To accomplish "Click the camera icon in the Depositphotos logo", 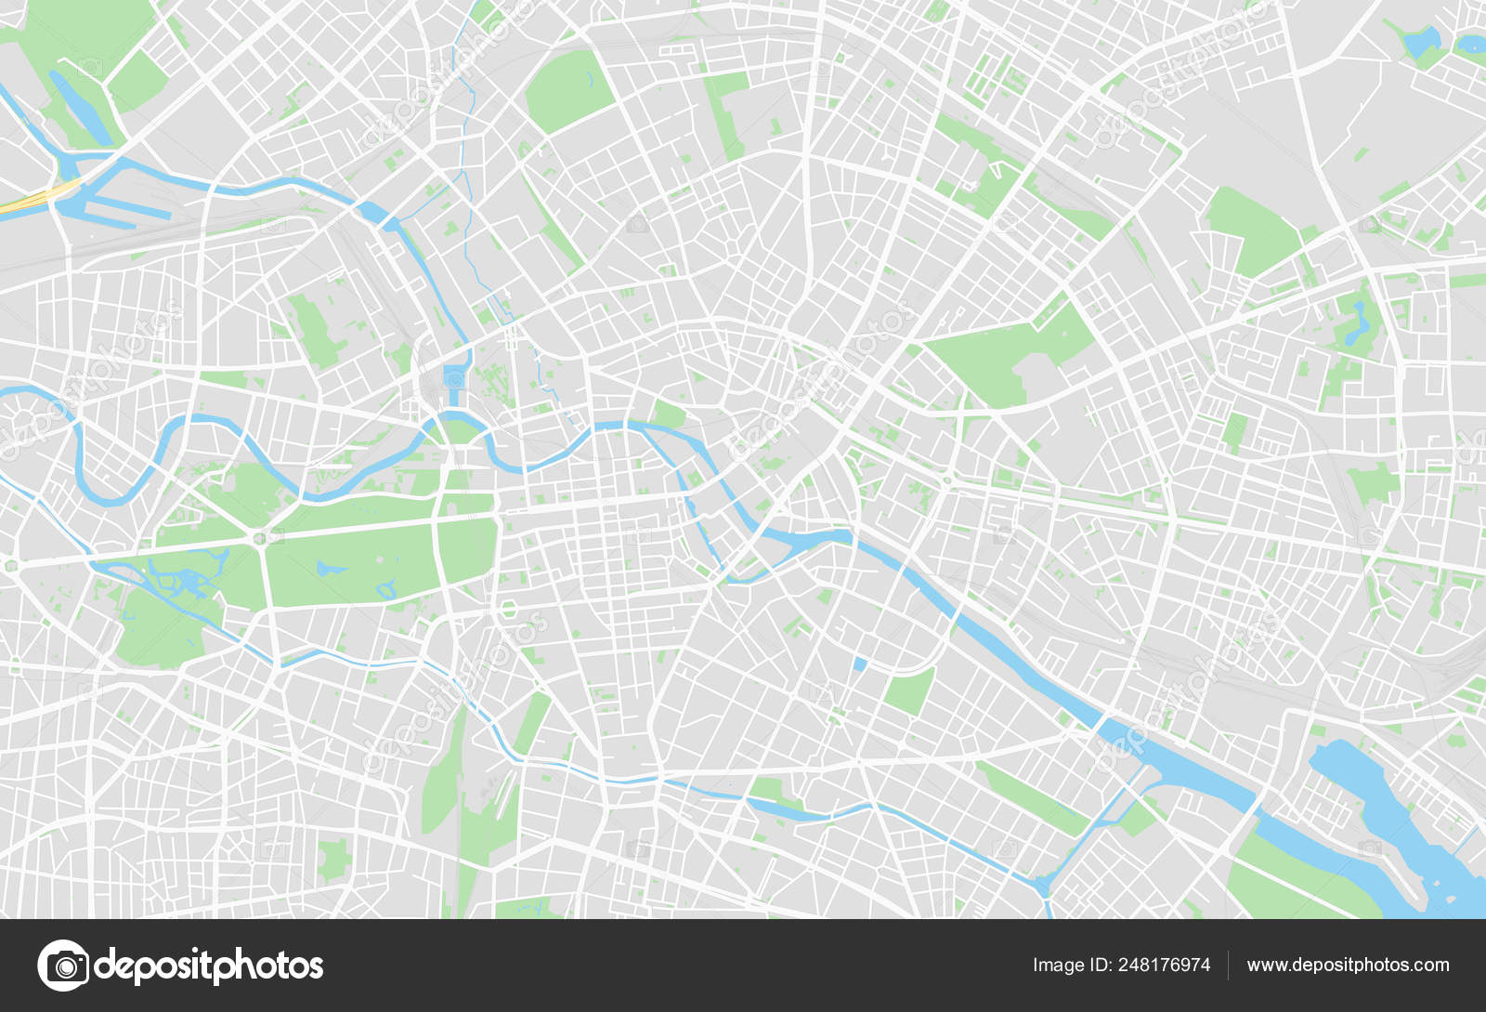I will tap(63, 966).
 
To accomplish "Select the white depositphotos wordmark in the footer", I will tap(210, 966).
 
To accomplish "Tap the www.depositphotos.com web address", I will tap(1348, 966).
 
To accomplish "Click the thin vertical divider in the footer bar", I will tap(1228, 966).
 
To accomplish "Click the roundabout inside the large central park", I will tap(261, 537).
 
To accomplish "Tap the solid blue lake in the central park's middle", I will tap(325, 567).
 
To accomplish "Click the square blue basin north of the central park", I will tap(454, 376).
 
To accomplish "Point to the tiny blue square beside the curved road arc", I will tap(859, 664).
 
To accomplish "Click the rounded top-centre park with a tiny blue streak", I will tap(568, 90).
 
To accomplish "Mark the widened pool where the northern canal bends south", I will tap(373, 213).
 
